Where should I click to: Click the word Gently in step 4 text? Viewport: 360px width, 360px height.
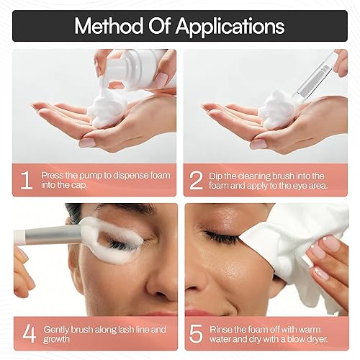click(x=59, y=329)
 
